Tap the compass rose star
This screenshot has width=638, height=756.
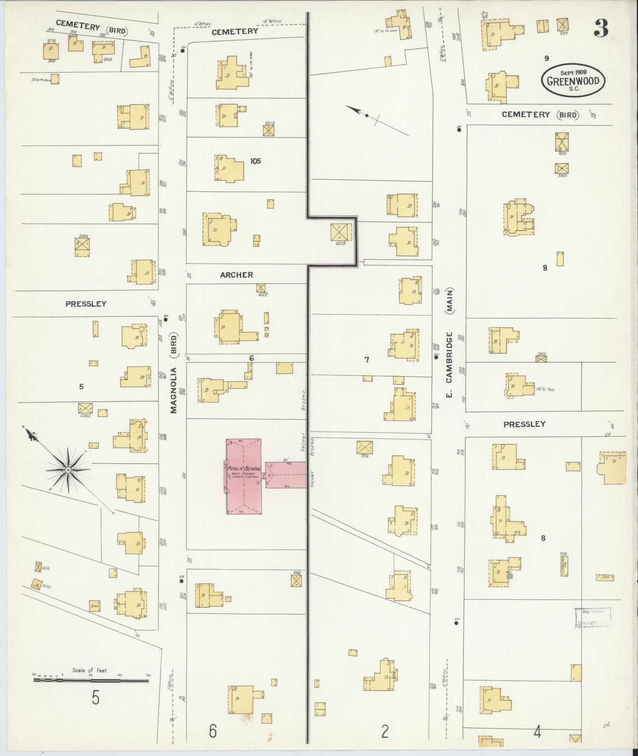click(68, 469)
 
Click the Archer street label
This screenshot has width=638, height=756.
click(237, 275)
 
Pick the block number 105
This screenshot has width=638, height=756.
click(256, 161)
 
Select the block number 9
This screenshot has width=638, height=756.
click(546, 58)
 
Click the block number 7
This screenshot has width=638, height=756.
click(367, 359)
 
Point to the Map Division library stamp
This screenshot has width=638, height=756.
click(593, 617)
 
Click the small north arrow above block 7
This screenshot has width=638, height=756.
click(367, 115)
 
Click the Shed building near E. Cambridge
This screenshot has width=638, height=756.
click(605, 577)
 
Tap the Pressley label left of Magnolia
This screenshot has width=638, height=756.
click(86, 304)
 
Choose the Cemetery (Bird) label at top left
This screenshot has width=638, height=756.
click(91, 28)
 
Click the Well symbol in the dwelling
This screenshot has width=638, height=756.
click(510, 576)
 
